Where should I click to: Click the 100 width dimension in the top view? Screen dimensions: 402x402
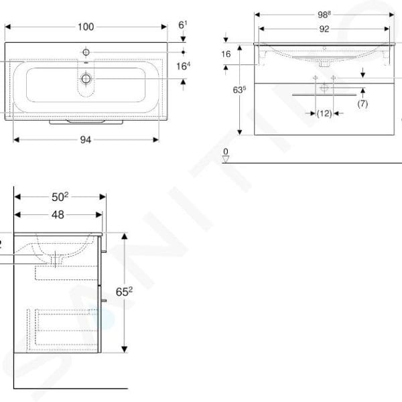click(x=86, y=27)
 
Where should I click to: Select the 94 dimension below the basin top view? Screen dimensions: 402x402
click(x=86, y=139)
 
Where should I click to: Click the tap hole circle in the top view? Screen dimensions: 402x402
click(x=86, y=51)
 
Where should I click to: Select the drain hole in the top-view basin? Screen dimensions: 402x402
click(x=86, y=79)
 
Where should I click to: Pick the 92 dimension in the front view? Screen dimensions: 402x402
click(x=324, y=28)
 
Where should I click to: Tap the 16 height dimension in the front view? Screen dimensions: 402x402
click(x=226, y=53)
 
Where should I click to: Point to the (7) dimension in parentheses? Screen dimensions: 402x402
click(x=362, y=104)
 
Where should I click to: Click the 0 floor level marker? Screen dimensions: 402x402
click(x=226, y=152)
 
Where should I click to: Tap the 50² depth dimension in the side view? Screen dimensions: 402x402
click(x=60, y=196)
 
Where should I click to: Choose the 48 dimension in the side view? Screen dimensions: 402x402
click(x=58, y=214)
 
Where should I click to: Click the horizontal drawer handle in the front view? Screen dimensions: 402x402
click(x=324, y=95)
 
